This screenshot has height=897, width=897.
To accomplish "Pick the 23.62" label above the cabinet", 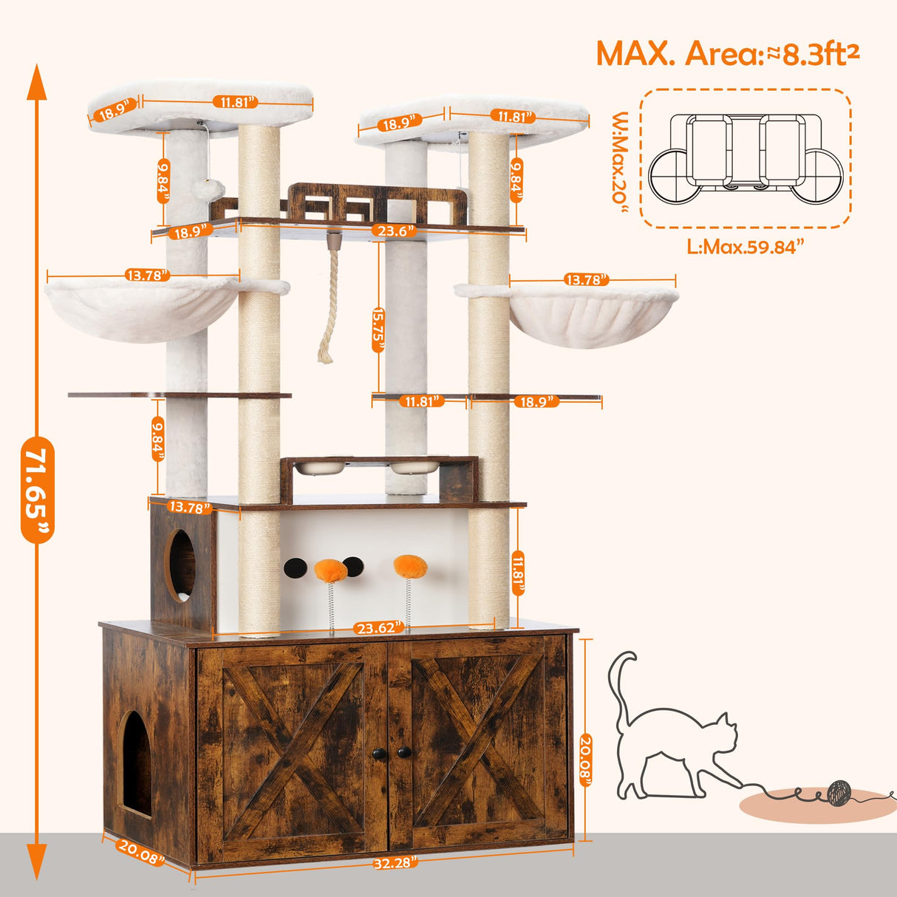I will (378, 627).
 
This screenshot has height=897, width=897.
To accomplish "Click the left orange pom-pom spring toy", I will (330, 570).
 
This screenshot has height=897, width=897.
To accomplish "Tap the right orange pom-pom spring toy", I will (410, 567).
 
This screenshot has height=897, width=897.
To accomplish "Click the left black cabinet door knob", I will (378, 752).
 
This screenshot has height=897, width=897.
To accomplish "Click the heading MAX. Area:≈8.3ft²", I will (727, 54).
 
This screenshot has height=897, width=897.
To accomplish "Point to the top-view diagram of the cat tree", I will (745, 158).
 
